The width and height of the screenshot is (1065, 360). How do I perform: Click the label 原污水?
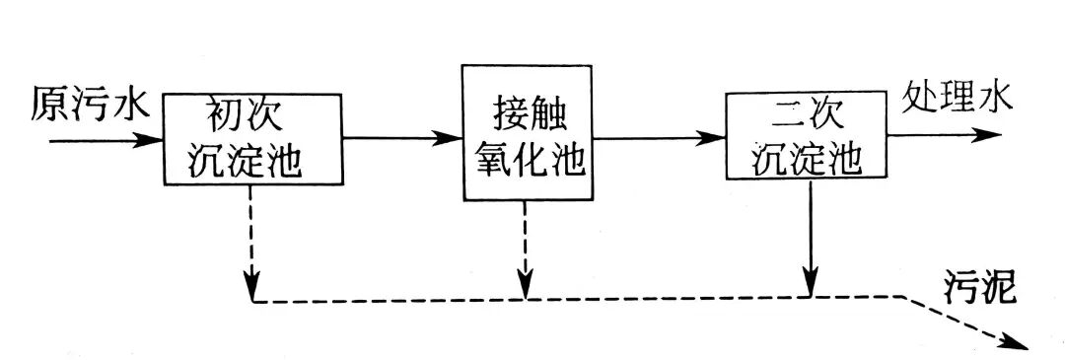tap(87, 104)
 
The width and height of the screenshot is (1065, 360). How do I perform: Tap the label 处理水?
tap(955, 100)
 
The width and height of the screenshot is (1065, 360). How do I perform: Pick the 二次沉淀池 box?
tap(807, 136)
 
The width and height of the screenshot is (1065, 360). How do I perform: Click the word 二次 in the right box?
tap(807, 117)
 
